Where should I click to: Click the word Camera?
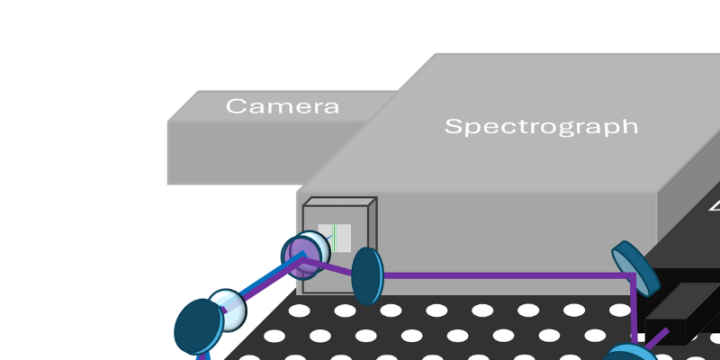(282, 106)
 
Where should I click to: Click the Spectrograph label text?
(540, 127)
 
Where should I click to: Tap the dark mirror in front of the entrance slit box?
(367, 275)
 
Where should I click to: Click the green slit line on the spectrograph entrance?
(336, 238)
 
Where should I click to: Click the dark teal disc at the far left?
(195, 326)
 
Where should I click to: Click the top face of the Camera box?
(280, 107)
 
